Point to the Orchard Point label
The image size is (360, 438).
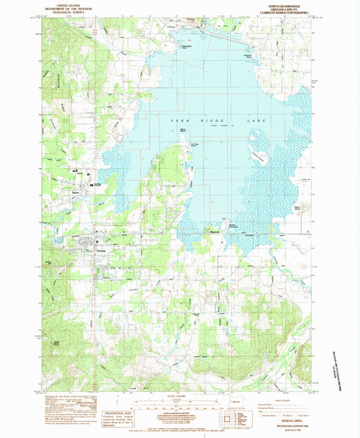[x=248, y=56]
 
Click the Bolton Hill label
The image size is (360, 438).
[x=49, y=261]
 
